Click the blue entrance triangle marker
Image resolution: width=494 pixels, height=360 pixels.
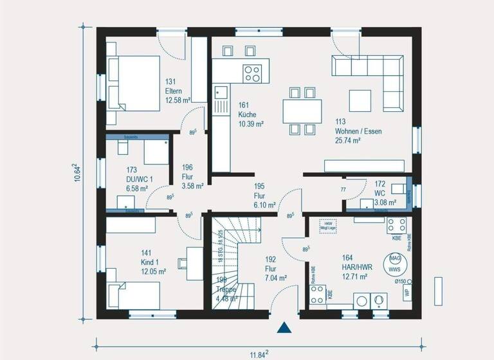(x=284, y=328)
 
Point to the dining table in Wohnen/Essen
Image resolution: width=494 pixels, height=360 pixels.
(x=302, y=111)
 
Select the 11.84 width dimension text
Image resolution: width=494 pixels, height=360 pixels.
(x=257, y=352)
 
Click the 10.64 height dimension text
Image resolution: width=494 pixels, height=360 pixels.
(x=77, y=172)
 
